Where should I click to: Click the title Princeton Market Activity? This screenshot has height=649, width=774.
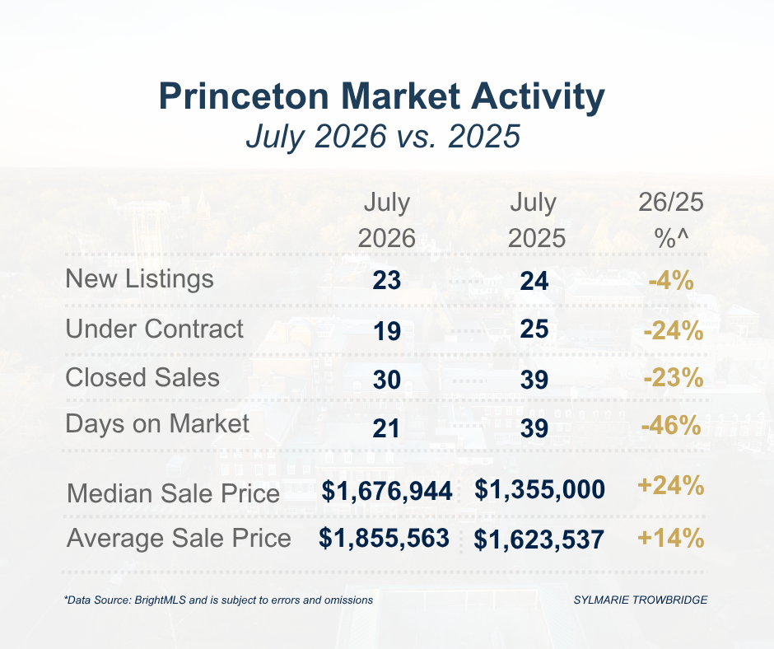[381, 96]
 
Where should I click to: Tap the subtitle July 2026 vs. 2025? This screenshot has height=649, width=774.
[383, 137]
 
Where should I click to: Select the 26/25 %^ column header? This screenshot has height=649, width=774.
[671, 220]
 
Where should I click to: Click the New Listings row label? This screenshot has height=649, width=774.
[140, 279]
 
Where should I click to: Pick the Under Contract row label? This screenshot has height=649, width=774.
[155, 329]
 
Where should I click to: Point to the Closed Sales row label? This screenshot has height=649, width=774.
[142, 378]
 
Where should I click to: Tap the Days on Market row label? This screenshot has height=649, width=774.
[157, 425]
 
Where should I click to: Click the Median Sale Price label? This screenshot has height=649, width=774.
[173, 493]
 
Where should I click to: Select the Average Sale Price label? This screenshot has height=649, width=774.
[179, 539]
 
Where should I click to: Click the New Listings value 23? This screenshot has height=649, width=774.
[386, 281]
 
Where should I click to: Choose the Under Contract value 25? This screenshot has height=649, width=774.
[534, 329]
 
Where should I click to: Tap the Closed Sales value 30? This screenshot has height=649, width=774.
[386, 380]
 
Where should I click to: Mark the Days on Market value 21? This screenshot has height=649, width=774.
[386, 428]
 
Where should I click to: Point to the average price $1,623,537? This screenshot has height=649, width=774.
[539, 539]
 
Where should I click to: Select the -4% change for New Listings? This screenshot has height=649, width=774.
[671, 281]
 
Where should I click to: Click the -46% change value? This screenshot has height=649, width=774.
[671, 425]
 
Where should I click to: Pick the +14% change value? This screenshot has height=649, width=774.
[671, 538]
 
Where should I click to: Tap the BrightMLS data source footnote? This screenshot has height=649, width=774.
[219, 600]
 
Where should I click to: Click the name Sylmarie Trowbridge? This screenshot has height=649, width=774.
[641, 600]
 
